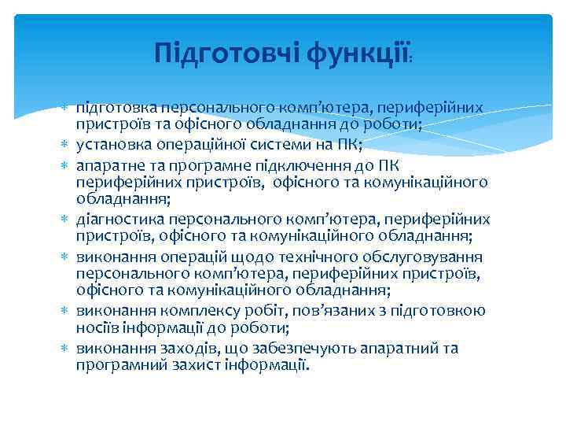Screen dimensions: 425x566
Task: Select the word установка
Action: (x=112, y=143)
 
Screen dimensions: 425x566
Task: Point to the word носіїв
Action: (x=97, y=329)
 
